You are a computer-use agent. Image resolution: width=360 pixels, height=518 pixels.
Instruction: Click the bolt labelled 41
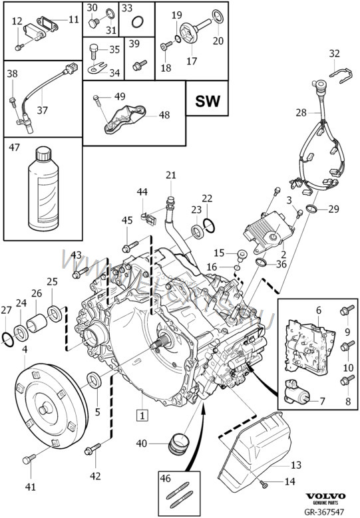29,459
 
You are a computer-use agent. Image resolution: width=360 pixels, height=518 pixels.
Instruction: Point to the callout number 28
301,113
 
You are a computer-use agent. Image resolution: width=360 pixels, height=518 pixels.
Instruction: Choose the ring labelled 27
7,339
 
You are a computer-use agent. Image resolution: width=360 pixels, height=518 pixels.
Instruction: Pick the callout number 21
171,176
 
